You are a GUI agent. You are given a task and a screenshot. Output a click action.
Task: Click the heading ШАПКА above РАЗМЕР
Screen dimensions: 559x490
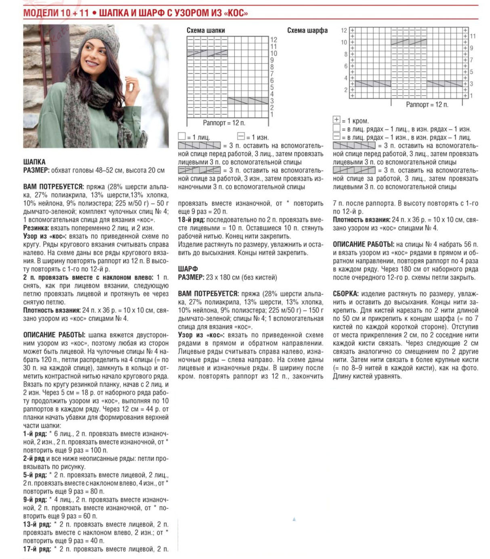tap(34, 162)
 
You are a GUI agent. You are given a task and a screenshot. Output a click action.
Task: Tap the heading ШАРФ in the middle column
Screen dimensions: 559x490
tap(188, 269)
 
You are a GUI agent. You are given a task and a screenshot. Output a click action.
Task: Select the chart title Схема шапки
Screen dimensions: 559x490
tap(206, 30)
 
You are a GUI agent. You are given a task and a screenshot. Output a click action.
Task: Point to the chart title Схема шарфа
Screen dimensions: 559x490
tap(307, 30)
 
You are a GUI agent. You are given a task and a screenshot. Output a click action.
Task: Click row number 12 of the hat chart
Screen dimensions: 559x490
tap(274, 40)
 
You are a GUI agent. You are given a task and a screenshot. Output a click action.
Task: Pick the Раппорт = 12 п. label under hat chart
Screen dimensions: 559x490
tap(224, 123)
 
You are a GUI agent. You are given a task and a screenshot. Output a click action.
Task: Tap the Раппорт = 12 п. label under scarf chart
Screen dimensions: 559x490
tap(427, 105)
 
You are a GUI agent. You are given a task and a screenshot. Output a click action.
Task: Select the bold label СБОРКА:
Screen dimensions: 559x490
tap(345, 294)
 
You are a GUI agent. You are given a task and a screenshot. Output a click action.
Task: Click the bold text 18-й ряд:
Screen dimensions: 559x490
tap(191, 220)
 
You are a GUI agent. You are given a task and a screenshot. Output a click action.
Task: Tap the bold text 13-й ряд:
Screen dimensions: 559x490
tap(37, 524)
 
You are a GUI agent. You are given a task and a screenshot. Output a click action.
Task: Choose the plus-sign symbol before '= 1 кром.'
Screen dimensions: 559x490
tap(336, 120)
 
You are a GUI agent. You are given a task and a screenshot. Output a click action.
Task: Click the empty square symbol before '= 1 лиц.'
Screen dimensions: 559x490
tap(182, 137)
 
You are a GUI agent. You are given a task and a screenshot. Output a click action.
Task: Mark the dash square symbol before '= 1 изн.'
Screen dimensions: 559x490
tap(241, 137)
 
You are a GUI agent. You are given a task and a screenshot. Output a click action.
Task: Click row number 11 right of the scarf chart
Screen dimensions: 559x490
tap(473, 36)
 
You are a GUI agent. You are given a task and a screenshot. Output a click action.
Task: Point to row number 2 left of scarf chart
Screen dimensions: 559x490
tap(345, 90)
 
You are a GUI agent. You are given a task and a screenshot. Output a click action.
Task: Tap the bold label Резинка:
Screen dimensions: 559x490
tap(36, 228)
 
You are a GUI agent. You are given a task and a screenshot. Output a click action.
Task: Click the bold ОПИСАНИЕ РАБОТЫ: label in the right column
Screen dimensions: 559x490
tap(363, 244)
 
